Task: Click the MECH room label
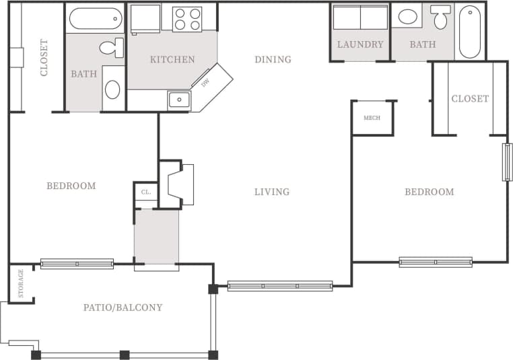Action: tap(372, 118)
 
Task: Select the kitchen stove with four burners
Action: tap(188, 19)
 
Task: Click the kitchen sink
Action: tap(179, 100)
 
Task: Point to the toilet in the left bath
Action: tap(112, 48)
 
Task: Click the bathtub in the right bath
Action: tap(470, 32)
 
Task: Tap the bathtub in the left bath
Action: tap(95, 18)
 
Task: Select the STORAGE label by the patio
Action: tap(21, 283)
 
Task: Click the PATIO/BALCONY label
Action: tap(123, 308)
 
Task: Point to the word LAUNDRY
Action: tap(360, 45)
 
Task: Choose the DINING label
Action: tap(273, 59)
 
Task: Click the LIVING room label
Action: tap(272, 192)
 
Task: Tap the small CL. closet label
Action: tap(145, 192)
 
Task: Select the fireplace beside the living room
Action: tap(180, 184)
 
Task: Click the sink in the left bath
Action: tap(112, 89)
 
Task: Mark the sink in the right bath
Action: tap(407, 17)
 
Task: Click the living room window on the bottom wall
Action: tap(280, 286)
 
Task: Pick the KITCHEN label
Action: tap(172, 59)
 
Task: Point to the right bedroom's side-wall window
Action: tap(508, 162)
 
